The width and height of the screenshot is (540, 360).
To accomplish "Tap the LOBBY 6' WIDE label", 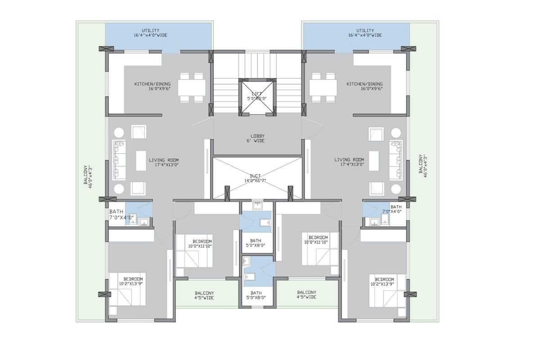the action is [256, 139].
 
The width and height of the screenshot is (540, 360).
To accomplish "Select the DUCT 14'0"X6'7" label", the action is [255, 179].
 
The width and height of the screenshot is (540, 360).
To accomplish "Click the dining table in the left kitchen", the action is [192, 88].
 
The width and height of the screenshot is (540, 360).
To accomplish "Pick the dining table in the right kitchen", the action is [323, 88].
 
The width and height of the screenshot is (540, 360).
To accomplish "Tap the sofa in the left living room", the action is [119, 160].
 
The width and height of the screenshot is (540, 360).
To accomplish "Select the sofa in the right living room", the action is [396, 160].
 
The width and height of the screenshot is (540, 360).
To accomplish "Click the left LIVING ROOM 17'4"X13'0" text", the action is [164, 162].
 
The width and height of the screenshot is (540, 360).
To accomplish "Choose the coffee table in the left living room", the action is [141, 161].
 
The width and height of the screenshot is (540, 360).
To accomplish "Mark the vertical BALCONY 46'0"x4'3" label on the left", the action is [88, 175].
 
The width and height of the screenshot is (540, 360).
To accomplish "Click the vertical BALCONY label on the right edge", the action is [423, 166].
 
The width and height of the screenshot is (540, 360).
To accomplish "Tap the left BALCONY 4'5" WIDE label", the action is [204, 295].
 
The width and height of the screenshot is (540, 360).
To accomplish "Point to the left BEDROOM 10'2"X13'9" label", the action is [131, 281].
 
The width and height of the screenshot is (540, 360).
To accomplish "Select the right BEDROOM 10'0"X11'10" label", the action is [316, 240].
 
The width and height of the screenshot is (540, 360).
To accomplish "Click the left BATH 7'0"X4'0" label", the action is [121, 214].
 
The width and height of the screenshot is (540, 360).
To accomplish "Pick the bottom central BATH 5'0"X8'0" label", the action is [256, 295].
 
